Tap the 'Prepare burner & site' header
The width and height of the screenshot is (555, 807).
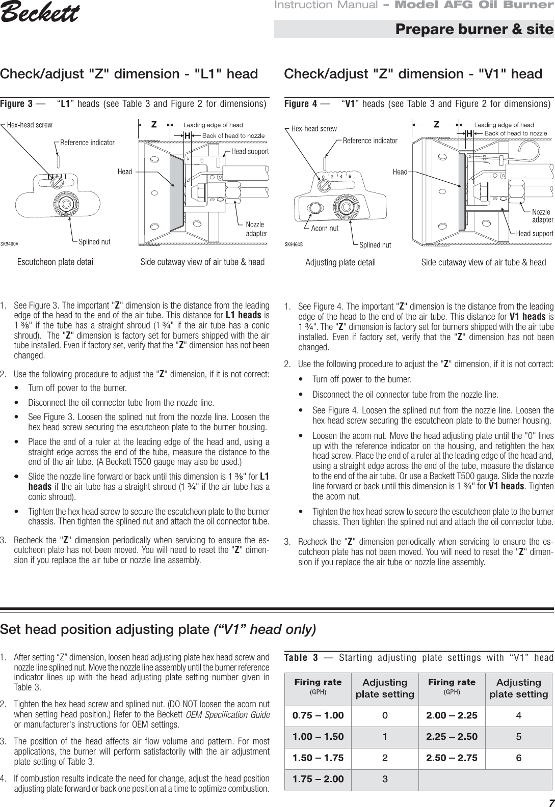pyautogui.click(x=474, y=29)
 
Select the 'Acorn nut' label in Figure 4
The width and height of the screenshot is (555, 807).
pyautogui.click(x=325, y=228)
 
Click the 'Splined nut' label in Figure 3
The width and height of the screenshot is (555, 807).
pyautogui.click(x=94, y=242)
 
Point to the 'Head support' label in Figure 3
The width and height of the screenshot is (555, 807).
pyautogui.click(x=250, y=151)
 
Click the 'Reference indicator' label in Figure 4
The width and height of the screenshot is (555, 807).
pyautogui.click(x=370, y=140)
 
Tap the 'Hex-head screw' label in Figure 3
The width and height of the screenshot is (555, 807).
pyautogui.click(x=30, y=124)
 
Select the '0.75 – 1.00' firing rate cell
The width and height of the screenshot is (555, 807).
pyautogui.click(x=318, y=715)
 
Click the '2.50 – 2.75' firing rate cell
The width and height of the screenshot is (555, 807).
pyautogui.click(x=452, y=758)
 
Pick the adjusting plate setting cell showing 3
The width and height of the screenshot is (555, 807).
pyautogui.click(x=385, y=779)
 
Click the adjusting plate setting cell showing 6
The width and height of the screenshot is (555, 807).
pyautogui.click(x=518, y=758)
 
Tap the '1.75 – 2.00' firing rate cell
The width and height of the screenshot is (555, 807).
pyautogui.click(x=318, y=779)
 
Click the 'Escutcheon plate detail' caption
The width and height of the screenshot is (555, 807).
pyautogui.click(x=56, y=262)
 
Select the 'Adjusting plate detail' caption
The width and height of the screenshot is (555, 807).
pyautogui.click(x=340, y=262)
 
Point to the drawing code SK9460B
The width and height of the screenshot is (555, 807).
pyautogui.click(x=294, y=244)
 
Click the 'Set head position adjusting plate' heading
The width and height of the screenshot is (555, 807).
pyautogui.click(x=158, y=629)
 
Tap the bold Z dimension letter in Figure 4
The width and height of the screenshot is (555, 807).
pyautogui.click(x=436, y=124)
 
